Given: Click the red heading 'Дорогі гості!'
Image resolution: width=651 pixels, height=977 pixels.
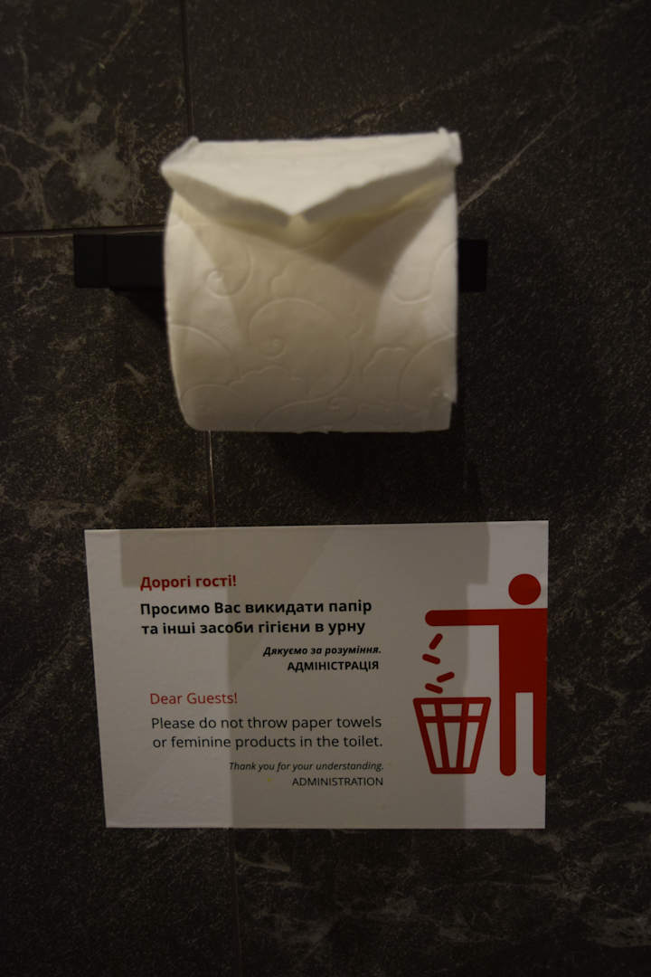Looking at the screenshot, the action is [x=188, y=582].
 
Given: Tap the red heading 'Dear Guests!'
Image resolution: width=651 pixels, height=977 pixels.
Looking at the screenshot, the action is [x=193, y=698].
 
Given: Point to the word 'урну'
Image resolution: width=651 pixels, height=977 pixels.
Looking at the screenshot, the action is [x=345, y=627].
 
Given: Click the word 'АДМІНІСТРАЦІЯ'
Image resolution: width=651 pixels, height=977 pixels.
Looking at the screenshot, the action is [x=333, y=666].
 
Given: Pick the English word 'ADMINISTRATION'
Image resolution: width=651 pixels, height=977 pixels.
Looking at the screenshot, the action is [x=337, y=782].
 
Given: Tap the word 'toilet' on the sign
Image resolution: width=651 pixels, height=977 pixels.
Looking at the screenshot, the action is [x=361, y=742].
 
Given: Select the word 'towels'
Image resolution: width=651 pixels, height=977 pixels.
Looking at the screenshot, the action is [x=359, y=722].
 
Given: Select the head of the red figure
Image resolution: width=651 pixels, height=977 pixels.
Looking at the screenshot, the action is [x=524, y=590].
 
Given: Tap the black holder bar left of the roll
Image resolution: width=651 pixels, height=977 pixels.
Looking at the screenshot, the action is [x=119, y=259].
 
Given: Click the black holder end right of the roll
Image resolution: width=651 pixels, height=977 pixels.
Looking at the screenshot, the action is [x=472, y=265].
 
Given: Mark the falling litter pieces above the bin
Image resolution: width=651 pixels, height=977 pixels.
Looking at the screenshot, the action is [x=438, y=664].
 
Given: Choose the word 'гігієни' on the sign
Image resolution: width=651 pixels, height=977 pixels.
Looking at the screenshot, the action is [x=287, y=628].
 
